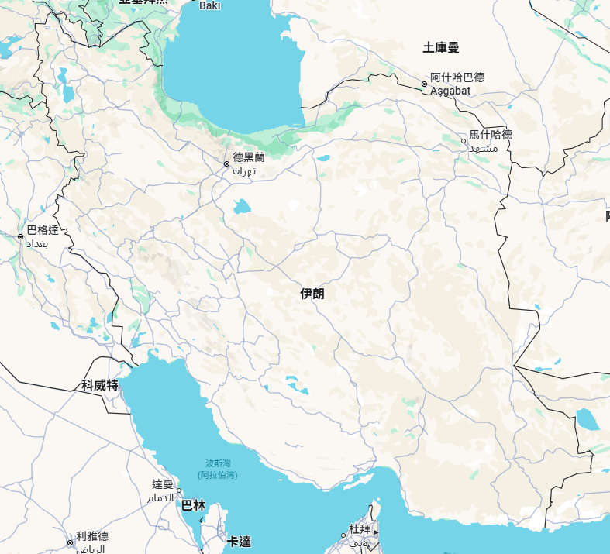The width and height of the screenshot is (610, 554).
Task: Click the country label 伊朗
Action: pyautogui.click(x=313, y=294)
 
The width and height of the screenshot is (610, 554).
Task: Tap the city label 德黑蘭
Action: pyautogui.click(x=249, y=157)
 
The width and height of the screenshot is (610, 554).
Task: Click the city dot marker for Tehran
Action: pyautogui.click(x=226, y=164)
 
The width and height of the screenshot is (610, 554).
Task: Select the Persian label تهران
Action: pyautogui.click(x=243, y=170)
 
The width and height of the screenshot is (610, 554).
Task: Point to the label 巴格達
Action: pyautogui.click(x=43, y=230)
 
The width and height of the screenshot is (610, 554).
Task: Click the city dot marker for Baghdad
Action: pyautogui.click(x=20, y=236)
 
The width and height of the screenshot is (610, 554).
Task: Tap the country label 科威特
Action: pyautogui.click(x=100, y=385)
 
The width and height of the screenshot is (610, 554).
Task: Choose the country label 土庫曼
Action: pyautogui.click(x=441, y=48)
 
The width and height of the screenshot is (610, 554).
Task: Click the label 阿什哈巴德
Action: pyautogui.click(x=457, y=77)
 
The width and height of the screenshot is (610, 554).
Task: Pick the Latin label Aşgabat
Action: pyautogui.click(x=450, y=91)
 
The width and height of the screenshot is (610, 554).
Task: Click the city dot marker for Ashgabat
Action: pyautogui.click(x=425, y=84)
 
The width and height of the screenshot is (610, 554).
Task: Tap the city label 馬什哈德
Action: pyautogui.click(x=491, y=135)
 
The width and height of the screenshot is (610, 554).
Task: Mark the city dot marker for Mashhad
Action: pyautogui.click(x=464, y=141)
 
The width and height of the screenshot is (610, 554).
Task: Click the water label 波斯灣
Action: pyautogui.click(x=218, y=463)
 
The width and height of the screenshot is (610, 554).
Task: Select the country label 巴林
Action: pyautogui.click(x=193, y=506)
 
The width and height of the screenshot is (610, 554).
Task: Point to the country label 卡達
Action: pyautogui.click(x=239, y=541)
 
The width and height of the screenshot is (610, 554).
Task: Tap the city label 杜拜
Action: pyautogui.click(x=360, y=528)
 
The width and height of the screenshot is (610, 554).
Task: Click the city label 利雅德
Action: pyautogui.click(x=92, y=536)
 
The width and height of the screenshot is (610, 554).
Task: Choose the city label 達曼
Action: pyautogui.click(x=163, y=484)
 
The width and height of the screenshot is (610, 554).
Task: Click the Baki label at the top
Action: pyautogui.click(x=210, y=5)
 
